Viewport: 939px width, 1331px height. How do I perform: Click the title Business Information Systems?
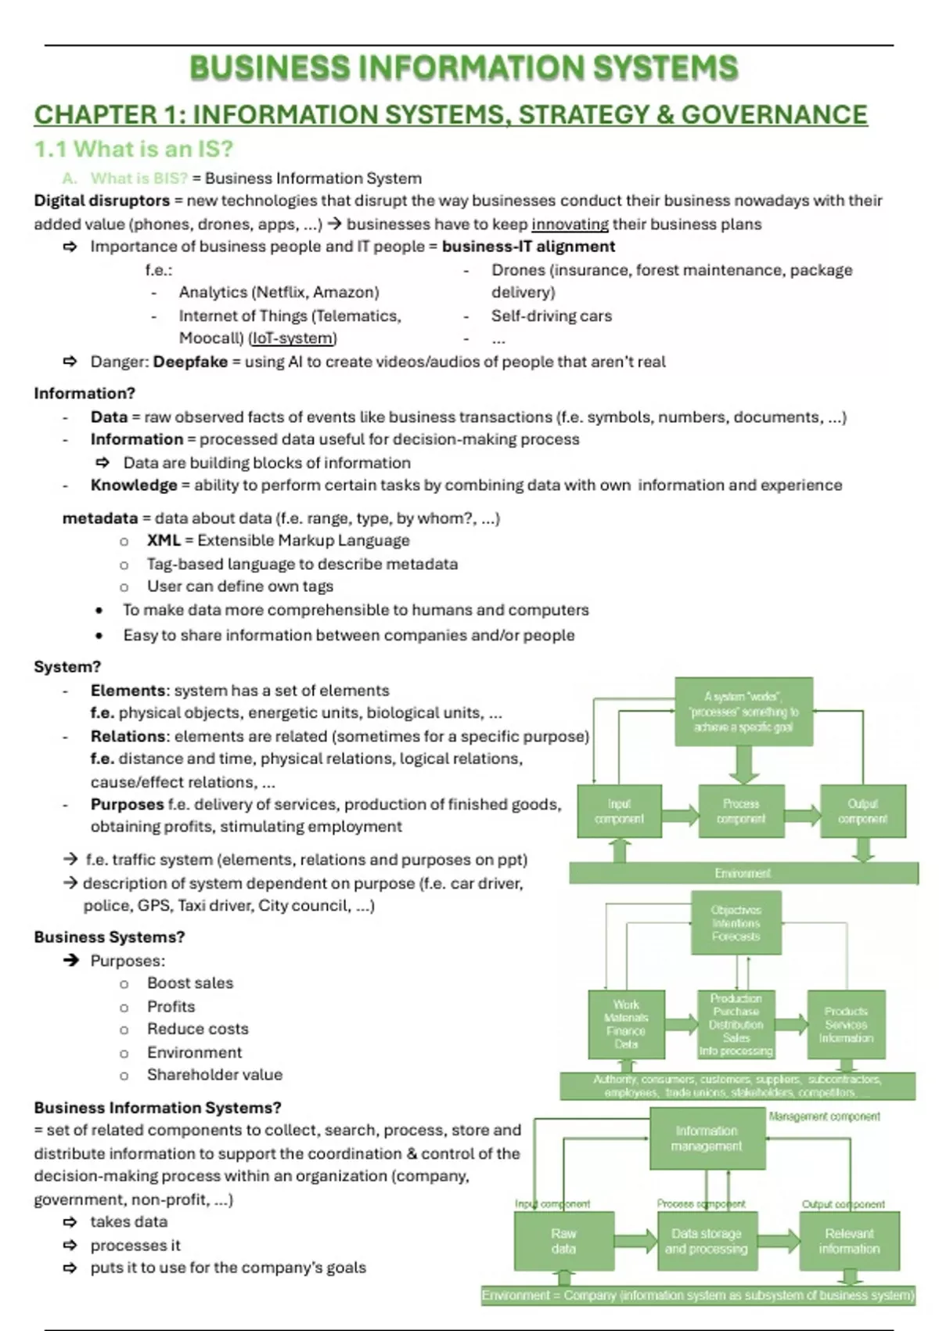[463, 68]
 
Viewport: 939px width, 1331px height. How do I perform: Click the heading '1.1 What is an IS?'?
[134, 149]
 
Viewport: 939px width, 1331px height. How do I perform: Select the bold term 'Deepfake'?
[190, 362]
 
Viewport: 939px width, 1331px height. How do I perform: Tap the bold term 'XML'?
[164, 540]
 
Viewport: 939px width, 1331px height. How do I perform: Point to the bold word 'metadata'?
[100, 518]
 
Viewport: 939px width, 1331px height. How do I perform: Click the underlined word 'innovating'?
[570, 224]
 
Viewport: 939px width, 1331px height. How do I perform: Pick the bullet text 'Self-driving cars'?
[551, 316]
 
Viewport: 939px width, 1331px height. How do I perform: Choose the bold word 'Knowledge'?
[134, 485]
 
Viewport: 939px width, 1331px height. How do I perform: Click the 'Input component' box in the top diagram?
[619, 812]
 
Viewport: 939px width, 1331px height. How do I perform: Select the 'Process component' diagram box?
[741, 812]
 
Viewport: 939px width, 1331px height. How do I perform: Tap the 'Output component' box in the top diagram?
[863, 812]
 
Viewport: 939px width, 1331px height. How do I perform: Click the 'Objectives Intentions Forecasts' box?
[736, 923]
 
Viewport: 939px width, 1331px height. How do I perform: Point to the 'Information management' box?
[707, 1138]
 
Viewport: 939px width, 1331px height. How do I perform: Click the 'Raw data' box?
[563, 1241]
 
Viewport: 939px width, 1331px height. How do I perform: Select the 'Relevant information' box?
[849, 1241]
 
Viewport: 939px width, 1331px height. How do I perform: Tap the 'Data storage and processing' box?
[706, 1241]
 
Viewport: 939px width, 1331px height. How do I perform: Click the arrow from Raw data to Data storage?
[636, 1240]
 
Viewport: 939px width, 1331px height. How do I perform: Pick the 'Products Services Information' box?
[846, 1024]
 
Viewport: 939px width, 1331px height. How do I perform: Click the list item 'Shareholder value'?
[214, 1075]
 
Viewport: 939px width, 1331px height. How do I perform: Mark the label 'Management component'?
[824, 1116]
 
